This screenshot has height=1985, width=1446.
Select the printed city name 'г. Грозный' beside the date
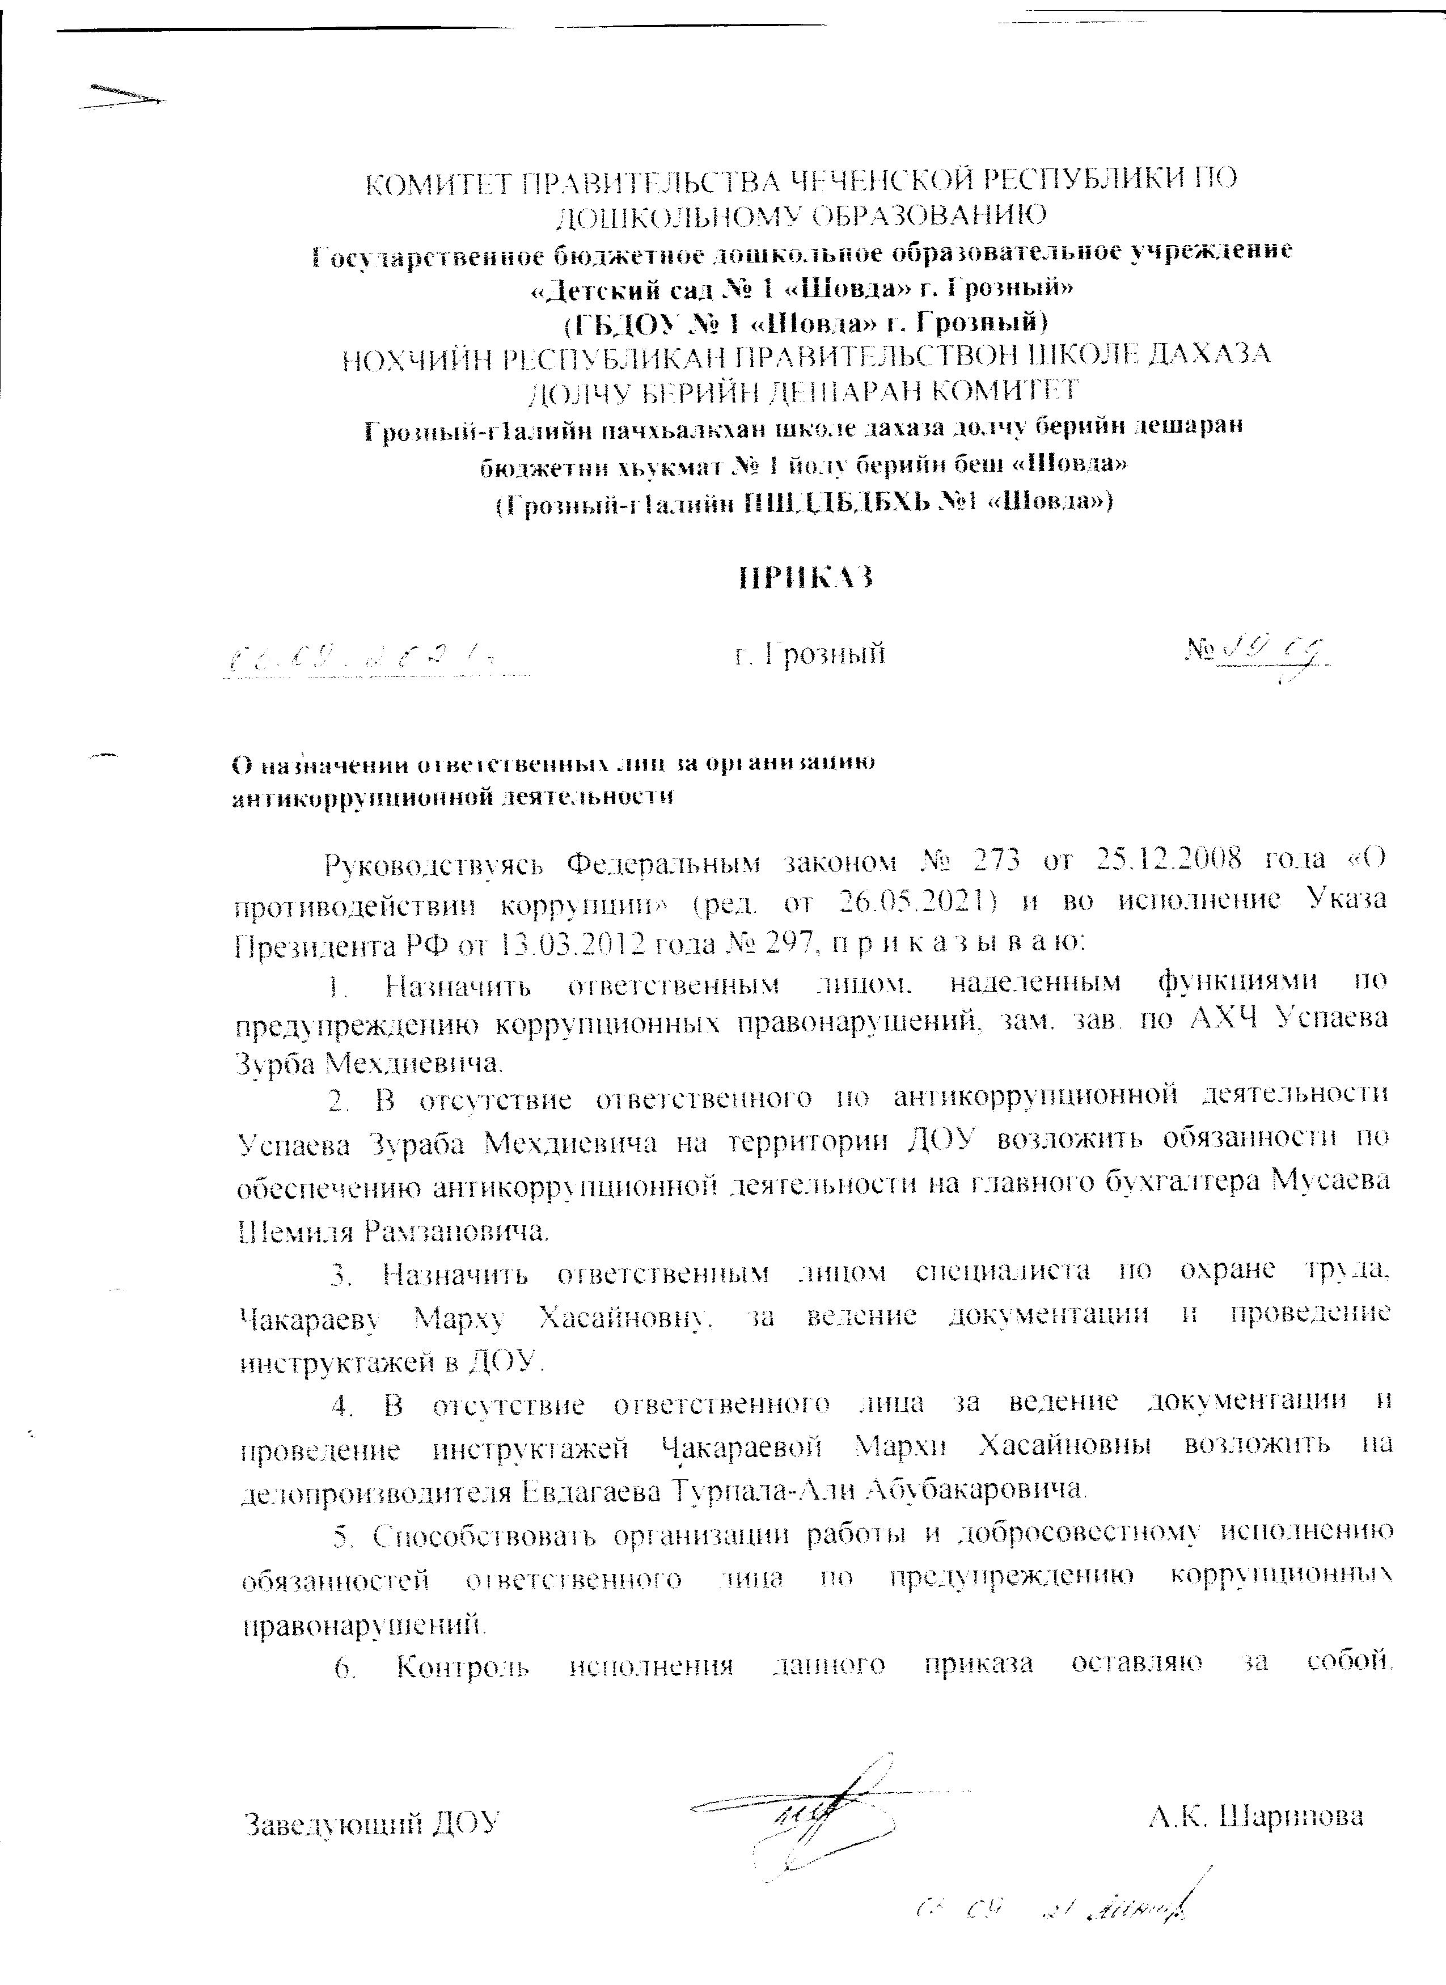(x=810, y=653)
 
